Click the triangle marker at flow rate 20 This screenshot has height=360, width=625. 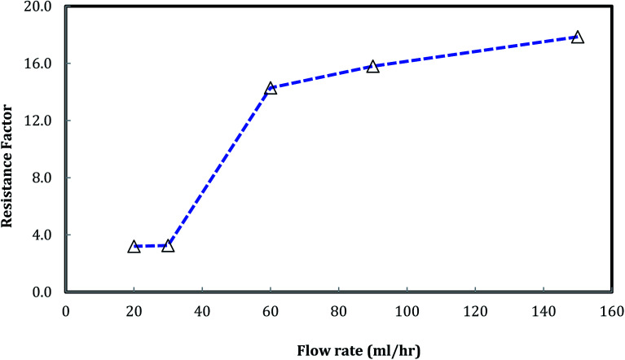pyautogui.click(x=134, y=246)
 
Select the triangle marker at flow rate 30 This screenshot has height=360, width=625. pyautogui.click(x=168, y=245)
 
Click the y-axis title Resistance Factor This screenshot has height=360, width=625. pyautogui.click(x=14, y=149)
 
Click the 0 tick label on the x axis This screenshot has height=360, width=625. pyautogui.click(x=66, y=310)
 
